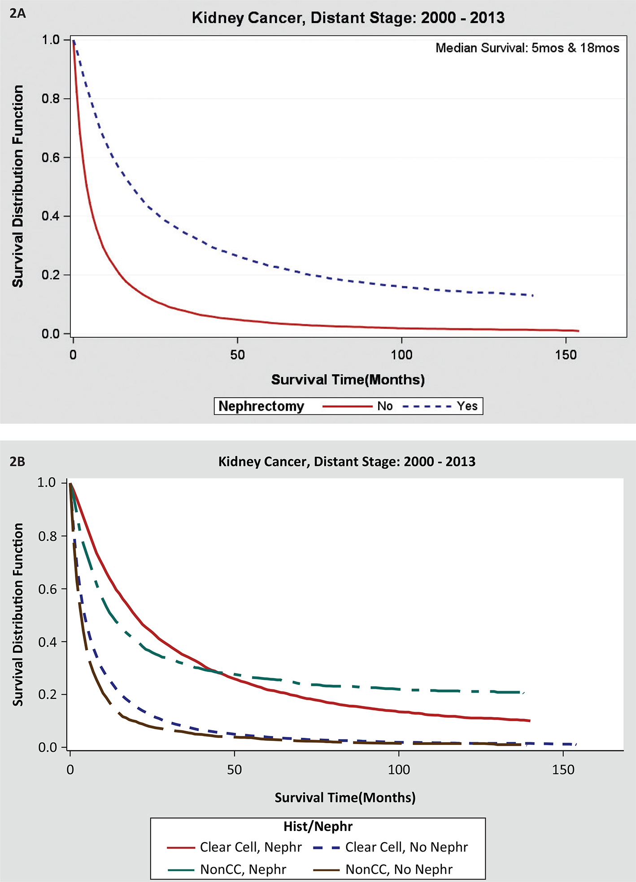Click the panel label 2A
(18, 14)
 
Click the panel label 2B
(17, 461)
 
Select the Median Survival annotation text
(527, 48)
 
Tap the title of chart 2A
(348, 18)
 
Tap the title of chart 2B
(347, 461)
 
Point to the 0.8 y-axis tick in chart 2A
(51, 99)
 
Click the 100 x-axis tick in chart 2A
(401, 355)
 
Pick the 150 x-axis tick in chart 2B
(563, 770)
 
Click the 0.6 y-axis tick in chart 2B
(48, 589)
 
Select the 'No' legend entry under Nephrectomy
(385, 406)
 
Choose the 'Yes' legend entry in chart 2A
(467, 406)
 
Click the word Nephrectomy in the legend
(261, 406)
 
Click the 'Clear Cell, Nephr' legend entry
(251, 847)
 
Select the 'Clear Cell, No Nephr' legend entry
(406, 847)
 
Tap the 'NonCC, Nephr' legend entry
(243, 869)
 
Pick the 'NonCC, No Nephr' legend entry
(399, 869)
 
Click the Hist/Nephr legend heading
(318, 826)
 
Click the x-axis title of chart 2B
(345, 797)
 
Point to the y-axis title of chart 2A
(17, 186)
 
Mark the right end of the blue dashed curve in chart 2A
(532, 295)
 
